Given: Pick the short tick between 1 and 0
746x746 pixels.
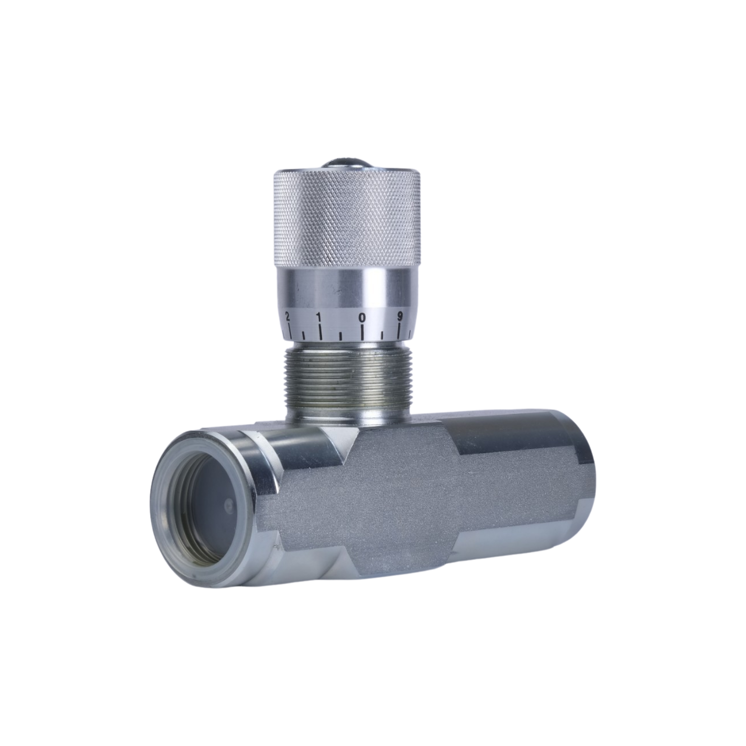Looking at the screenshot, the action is pos(341,334).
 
